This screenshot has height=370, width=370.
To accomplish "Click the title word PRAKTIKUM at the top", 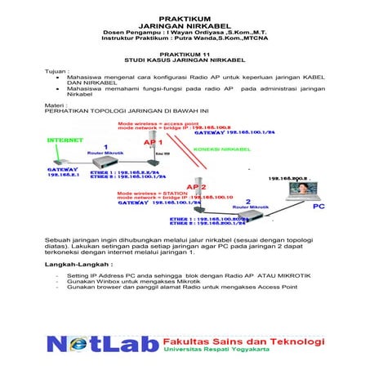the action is pyautogui.click(x=184, y=16).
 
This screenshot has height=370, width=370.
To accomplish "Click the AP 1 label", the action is pyautogui.click(x=152, y=142).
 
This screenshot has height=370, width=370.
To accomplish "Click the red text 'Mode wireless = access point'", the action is pyautogui.click(x=156, y=122).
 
